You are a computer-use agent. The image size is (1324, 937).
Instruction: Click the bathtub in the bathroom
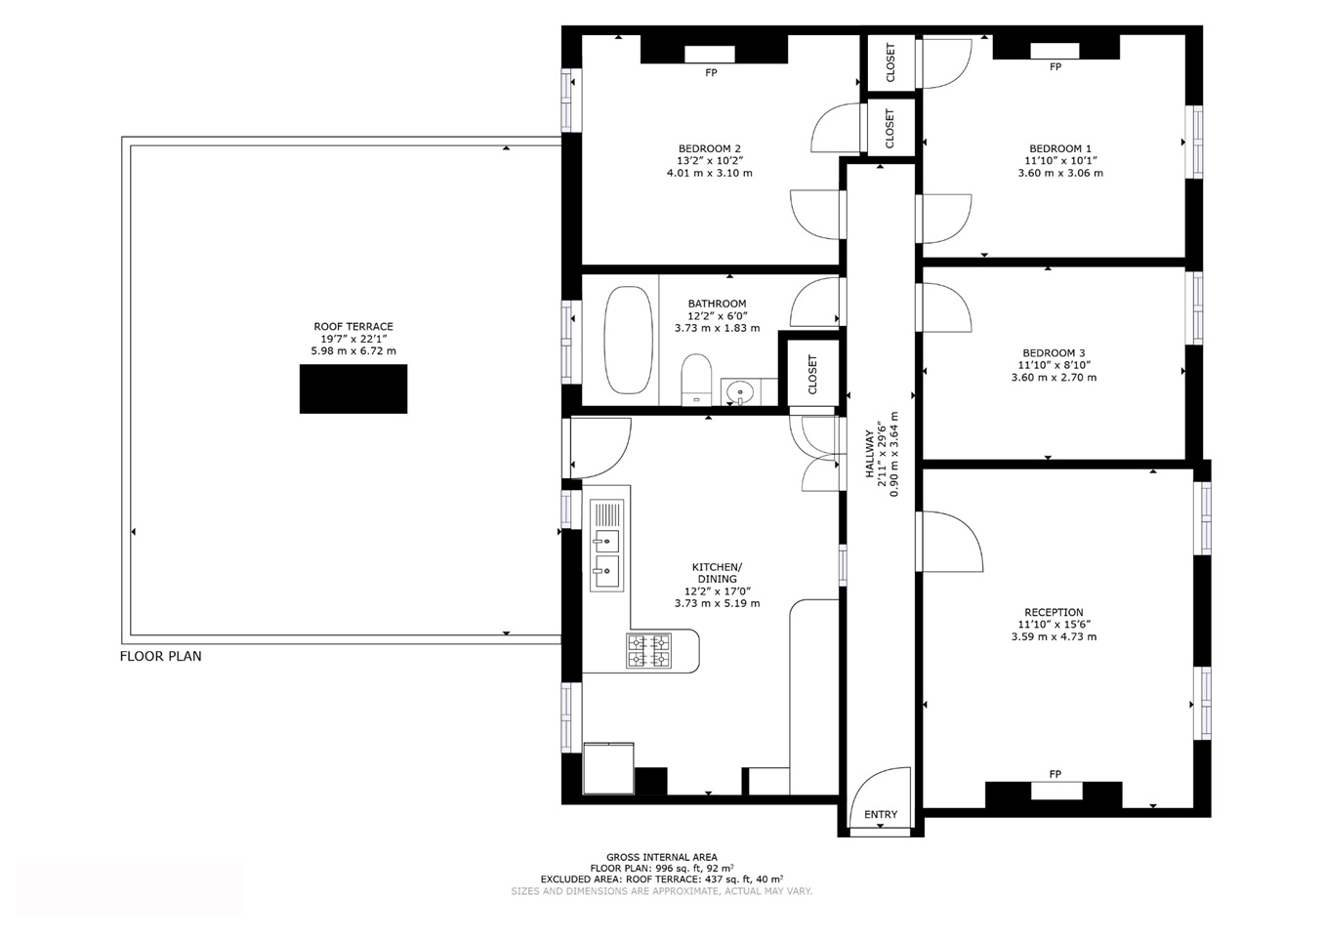[628, 340]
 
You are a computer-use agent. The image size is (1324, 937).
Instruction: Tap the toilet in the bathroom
[696, 380]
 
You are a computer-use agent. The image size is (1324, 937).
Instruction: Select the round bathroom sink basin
[739, 391]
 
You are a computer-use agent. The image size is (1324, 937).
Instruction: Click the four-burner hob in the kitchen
[648, 650]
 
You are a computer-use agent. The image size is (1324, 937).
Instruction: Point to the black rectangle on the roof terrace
[353, 388]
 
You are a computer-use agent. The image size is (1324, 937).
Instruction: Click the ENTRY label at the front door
[881, 814]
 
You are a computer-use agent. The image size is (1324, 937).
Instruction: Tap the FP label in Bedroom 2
[711, 72]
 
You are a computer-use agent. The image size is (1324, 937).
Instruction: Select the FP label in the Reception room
[1055, 774]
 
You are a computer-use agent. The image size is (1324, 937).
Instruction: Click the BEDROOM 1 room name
[1060, 149]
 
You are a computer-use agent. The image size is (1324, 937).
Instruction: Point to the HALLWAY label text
[869, 454]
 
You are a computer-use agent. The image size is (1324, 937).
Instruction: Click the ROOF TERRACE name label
[353, 326]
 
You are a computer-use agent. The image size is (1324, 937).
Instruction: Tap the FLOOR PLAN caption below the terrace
[161, 656]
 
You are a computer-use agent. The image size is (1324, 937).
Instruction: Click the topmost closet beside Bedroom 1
[890, 62]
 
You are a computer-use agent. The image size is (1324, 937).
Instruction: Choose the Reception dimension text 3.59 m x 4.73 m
[1054, 637]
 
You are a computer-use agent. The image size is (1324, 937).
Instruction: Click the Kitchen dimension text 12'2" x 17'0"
[717, 591]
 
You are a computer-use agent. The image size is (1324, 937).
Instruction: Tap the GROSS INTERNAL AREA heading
[662, 857]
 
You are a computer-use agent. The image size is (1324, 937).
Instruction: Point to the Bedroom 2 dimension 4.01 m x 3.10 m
[709, 173]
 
